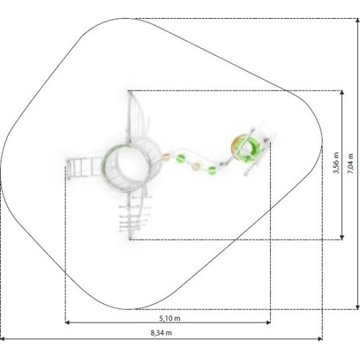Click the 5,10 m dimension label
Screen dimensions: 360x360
[x=170, y=318]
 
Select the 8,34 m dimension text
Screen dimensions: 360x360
[x=161, y=333]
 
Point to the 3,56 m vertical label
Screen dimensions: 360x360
[x=336, y=163]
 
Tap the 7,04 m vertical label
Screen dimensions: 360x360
[x=351, y=163]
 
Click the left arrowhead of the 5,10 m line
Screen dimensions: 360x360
[x=67, y=323]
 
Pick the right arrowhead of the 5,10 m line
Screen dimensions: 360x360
[x=269, y=323]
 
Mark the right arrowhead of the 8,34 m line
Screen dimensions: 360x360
[x=320, y=339]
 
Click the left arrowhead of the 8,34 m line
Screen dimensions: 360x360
[x=2, y=339]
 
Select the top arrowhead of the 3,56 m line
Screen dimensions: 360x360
[x=342, y=93]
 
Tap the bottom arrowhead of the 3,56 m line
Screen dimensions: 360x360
[x=342, y=238]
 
